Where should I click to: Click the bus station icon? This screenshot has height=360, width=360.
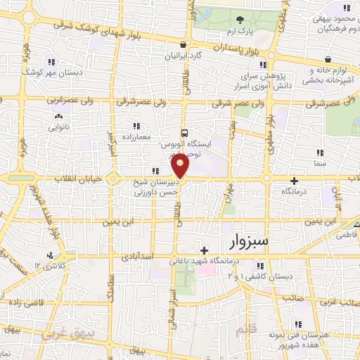tap(184, 132)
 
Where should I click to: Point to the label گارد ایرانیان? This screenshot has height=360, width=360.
tap(183, 55)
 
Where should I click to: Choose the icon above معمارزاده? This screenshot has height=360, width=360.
tap(134, 126)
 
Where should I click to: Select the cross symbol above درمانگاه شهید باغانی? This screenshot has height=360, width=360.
tap(204, 250)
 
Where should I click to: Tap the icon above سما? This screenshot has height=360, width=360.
tap(319, 152)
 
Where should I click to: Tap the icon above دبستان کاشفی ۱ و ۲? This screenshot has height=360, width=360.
tap(260, 266)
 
